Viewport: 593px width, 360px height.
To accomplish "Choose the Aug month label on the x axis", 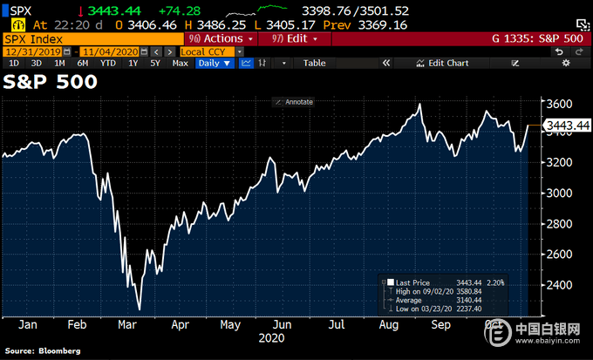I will tap(389, 324).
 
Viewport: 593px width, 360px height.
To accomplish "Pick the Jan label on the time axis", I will tap(28, 324).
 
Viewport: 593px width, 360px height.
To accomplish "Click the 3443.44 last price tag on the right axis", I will tap(567, 126).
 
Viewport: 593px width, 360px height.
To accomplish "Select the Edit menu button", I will tap(291, 38).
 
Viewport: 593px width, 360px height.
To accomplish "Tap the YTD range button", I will tap(107, 63).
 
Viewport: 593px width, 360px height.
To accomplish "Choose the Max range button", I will tap(181, 63).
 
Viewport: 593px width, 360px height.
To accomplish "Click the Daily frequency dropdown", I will tap(214, 63).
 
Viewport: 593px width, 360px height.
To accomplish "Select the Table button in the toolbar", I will tap(314, 63).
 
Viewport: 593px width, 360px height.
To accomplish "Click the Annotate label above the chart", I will tap(296, 102).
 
